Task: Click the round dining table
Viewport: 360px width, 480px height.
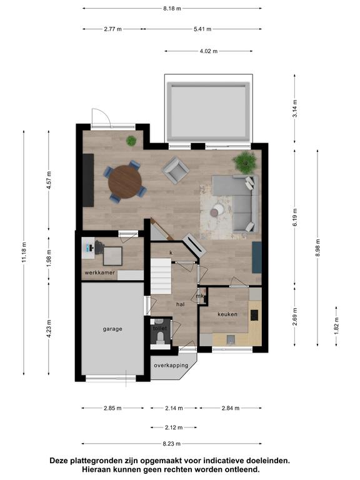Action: click(x=125, y=182)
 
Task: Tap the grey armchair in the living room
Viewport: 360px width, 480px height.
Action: click(x=176, y=170)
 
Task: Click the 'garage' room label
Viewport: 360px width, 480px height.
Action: click(x=112, y=329)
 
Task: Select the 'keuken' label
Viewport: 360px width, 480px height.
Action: click(x=227, y=314)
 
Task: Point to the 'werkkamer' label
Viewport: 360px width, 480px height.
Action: click(x=100, y=272)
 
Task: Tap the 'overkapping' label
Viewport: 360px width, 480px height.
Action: click(x=171, y=365)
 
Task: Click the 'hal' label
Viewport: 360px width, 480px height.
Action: click(x=180, y=304)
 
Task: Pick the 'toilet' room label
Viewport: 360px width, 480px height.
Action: click(x=160, y=328)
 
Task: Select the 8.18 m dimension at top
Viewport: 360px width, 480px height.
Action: click(x=172, y=9)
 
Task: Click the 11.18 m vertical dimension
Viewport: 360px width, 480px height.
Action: click(x=24, y=252)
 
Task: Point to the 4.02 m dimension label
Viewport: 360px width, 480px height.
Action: click(x=209, y=51)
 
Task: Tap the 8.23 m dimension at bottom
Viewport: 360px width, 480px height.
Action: click(x=172, y=444)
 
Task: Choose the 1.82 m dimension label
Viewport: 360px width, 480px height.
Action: click(x=336, y=326)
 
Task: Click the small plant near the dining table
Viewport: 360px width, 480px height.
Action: click(x=131, y=141)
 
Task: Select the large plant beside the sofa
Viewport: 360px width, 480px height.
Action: click(x=244, y=162)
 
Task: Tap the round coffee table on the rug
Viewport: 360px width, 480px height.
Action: click(x=217, y=211)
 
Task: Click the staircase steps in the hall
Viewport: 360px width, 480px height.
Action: click(x=161, y=276)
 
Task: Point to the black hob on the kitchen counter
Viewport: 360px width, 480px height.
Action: click(x=254, y=315)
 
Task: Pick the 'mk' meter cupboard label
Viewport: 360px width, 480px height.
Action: click(x=200, y=296)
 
